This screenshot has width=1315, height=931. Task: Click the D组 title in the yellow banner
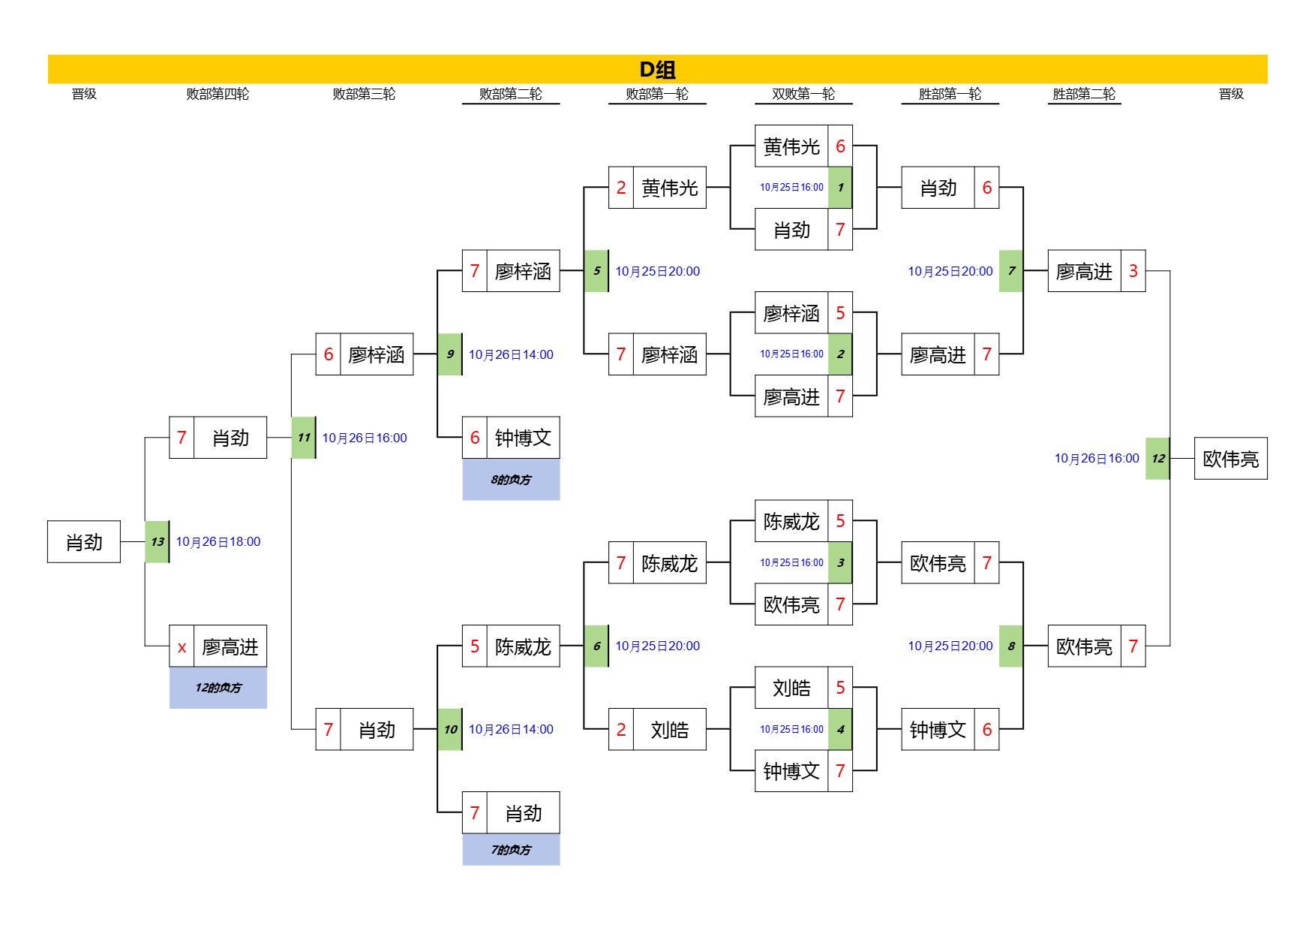[657, 69]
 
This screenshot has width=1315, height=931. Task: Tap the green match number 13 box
[157, 541]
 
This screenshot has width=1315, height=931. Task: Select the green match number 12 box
[1157, 458]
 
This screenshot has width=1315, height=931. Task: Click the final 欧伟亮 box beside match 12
[1230, 458]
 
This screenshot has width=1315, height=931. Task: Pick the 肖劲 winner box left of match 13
[84, 541]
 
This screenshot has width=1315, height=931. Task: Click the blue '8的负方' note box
[511, 479]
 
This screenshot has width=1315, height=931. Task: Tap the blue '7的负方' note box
[511, 849]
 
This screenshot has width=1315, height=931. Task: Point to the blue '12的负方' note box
[218, 687]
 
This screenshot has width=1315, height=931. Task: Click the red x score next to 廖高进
[182, 646]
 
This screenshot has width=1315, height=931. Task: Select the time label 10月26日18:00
[218, 541]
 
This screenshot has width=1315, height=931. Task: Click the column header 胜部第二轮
[1083, 94]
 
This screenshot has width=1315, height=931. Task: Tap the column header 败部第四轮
[218, 94]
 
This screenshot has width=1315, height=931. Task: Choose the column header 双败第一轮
[803, 94]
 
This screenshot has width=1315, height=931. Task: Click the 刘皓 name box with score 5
[791, 687]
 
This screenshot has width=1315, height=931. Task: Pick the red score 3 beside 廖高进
[1133, 270]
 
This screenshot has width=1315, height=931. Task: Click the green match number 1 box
[840, 187]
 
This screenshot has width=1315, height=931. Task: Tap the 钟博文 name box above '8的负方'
[523, 437]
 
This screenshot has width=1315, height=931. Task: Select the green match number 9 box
[449, 354]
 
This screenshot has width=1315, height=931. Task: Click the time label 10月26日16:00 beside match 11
[365, 438]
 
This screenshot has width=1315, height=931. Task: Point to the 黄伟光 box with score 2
[669, 187]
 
